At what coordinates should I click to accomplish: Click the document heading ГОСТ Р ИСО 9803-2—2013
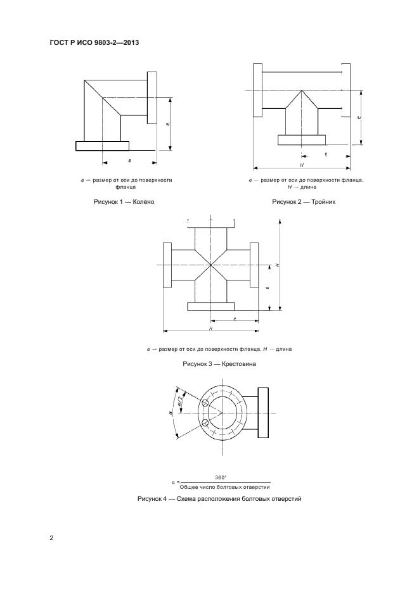coord(94,42)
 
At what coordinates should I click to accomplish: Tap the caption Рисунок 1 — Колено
coord(124,202)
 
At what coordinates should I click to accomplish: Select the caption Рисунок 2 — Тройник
coord(304,202)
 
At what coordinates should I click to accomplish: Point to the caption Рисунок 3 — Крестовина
coord(219,364)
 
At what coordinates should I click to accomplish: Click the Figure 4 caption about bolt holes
coord(219,499)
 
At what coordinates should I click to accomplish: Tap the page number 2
coord(51,538)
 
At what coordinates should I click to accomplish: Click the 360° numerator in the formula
coord(221,477)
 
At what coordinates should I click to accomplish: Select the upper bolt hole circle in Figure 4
coord(205,403)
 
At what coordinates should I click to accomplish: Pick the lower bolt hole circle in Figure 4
coord(205,422)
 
